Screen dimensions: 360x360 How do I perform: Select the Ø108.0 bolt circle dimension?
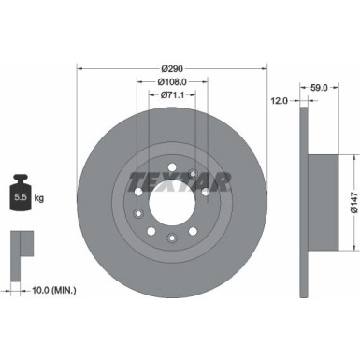171,81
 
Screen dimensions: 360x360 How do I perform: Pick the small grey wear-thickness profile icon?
21,248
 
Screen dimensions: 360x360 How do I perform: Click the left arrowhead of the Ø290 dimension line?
79,67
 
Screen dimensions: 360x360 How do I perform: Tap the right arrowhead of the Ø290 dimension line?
266,67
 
